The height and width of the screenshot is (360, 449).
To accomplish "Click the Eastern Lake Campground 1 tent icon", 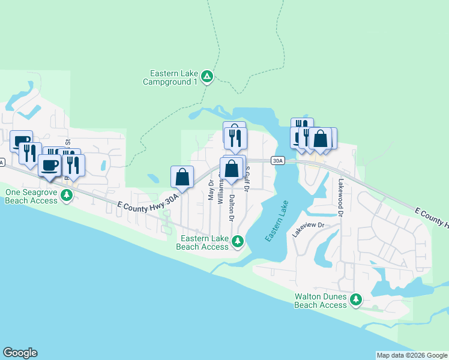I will (207, 76).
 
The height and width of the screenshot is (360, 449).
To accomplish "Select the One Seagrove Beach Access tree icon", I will (68, 196).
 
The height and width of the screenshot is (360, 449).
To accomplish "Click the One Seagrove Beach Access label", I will (31, 196).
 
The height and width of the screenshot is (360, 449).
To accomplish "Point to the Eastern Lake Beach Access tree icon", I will (238, 241).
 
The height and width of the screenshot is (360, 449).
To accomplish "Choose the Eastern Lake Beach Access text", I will (202, 242).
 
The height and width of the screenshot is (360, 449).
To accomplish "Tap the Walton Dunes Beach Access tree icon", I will (356, 299).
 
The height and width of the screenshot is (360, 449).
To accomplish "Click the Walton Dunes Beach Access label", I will (321, 301).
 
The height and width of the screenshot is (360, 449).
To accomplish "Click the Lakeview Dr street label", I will (308, 230).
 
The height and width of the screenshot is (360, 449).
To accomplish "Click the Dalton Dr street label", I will (231, 203).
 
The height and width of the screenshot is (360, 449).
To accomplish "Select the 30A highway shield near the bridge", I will (277, 160).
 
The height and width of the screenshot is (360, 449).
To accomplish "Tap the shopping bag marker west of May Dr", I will (182, 177).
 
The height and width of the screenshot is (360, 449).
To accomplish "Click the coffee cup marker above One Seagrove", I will (50, 165).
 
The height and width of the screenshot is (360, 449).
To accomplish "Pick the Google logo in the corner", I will (20, 353).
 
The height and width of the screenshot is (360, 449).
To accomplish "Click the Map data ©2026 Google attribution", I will (412, 355).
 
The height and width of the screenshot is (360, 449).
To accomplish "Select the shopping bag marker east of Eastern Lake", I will (321, 139).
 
